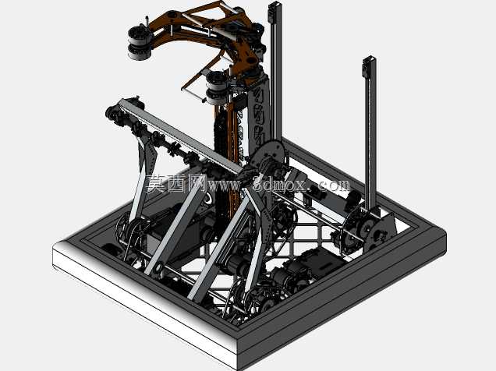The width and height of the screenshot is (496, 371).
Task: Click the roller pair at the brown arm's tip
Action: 140,43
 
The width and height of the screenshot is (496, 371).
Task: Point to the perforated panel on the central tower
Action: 260,117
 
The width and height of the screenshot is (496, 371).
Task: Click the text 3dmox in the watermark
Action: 280,185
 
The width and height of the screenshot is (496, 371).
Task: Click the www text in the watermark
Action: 225,185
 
